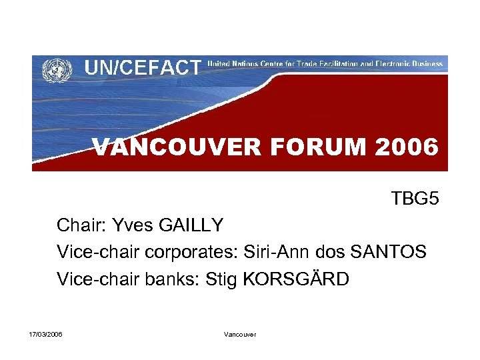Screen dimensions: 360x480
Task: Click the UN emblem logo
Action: pyautogui.click(x=57, y=69)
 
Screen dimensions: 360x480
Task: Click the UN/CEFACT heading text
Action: pyautogui.click(x=143, y=67)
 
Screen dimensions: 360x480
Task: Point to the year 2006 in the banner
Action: pyautogui.click(x=406, y=147)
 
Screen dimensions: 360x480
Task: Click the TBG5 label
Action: pyautogui.click(x=415, y=199)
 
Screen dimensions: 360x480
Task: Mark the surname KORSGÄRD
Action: pyautogui.click(x=297, y=279)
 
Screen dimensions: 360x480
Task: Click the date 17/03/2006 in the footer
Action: pyautogui.click(x=46, y=333)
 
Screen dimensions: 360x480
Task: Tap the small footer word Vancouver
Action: pyautogui.click(x=240, y=333)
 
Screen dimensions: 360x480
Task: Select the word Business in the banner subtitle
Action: pyautogui.click(x=422, y=64)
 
